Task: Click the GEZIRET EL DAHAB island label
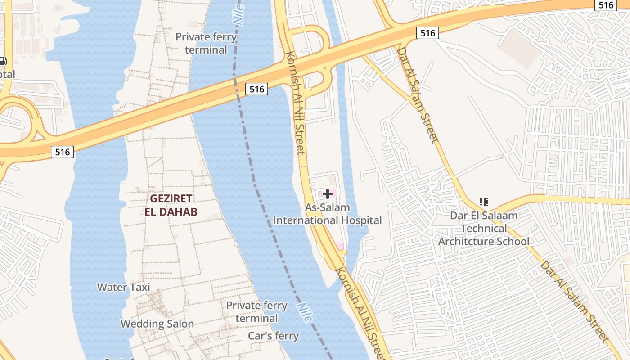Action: [x=171, y=205]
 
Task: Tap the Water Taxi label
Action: [x=123, y=287]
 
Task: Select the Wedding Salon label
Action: [x=157, y=324]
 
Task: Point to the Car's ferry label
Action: [x=273, y=336]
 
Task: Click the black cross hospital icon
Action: [x=328, y=194]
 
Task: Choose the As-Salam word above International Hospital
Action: [x=327, y=208]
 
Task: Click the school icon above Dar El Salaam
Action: [x=484, y=202]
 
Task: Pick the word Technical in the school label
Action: [x=484, y=228]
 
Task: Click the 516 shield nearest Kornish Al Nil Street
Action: [x=257, y=89]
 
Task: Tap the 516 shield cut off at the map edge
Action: [x=606, y=5]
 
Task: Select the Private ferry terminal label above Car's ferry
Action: [x=256, y=312]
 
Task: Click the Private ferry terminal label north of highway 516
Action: [x=206, y=43]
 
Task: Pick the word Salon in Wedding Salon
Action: [x=180, y=324]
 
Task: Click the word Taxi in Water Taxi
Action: [x=140, y=287]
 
